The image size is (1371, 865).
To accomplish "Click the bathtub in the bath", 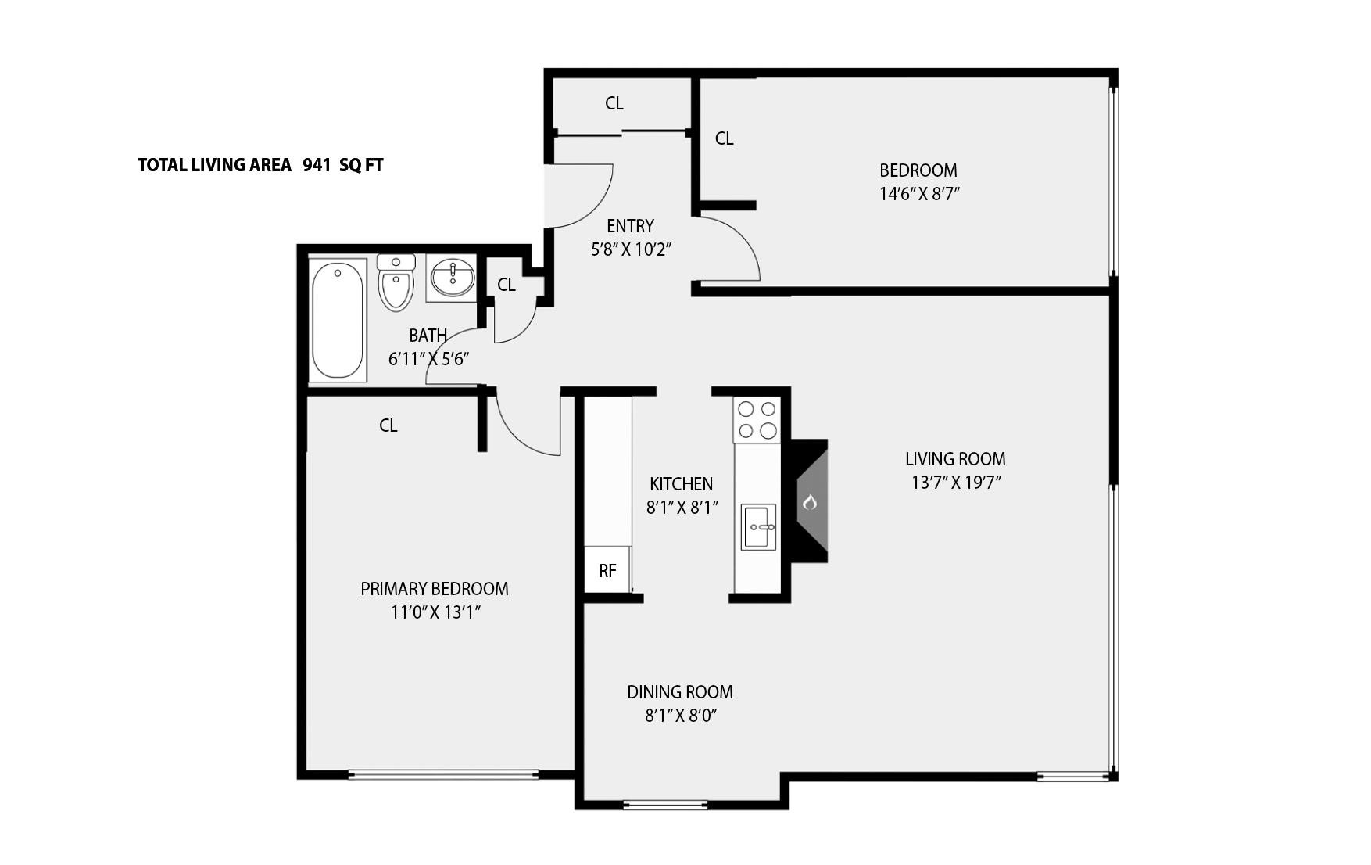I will [338, 321].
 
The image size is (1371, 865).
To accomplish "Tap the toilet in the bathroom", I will [396, 283].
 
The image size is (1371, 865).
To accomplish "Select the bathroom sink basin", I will [452, 278].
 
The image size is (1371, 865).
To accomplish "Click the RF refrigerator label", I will [607, 571].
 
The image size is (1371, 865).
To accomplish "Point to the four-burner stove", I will [757, 420].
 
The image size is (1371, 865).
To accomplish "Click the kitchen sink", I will [758, 527].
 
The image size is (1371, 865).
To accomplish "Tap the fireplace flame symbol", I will [810, 501].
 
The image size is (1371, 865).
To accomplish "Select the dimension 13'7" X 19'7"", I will [956, 483].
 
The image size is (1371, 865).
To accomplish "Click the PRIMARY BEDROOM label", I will [435, 589].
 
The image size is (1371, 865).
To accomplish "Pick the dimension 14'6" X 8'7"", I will [919, 194].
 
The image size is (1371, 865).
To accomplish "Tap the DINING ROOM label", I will [680, 692].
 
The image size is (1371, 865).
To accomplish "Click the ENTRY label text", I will [630, 226].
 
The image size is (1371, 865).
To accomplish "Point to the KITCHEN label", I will [681, 484].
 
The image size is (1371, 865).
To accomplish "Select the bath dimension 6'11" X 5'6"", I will [428, 359].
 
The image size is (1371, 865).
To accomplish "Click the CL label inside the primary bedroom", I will [388, 425].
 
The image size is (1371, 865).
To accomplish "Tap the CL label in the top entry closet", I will [614, 103].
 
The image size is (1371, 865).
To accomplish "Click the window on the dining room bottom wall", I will [666, 803].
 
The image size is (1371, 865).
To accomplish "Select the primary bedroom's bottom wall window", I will [443, 775].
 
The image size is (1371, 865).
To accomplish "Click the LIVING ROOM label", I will [955, 459].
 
